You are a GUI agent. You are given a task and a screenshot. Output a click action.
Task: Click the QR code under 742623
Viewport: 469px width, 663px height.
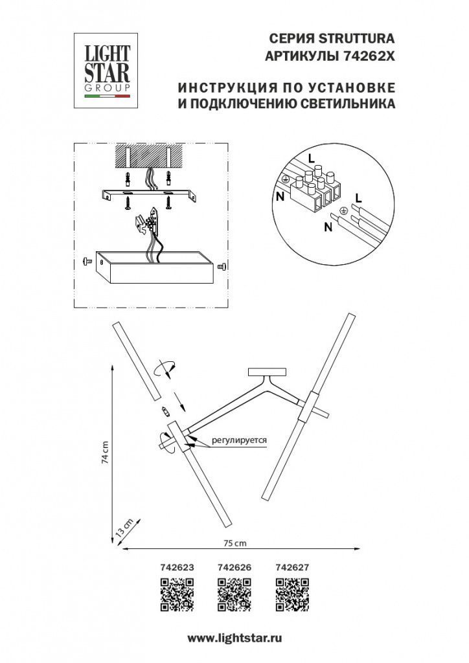[177, 595]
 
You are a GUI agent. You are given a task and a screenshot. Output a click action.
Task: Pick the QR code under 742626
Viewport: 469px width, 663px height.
[234, 595]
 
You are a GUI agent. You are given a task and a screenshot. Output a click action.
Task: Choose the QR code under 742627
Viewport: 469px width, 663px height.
[292, 595]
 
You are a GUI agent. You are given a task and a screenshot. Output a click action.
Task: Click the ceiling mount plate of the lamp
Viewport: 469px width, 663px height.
[267, 372]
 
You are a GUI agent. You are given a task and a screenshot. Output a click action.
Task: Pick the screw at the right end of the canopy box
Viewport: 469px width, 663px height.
[222, 265]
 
